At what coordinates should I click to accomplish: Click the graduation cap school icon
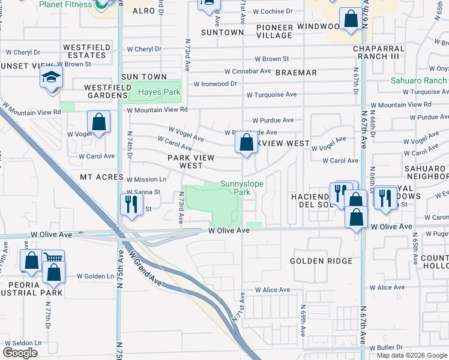click(x=51, y=77)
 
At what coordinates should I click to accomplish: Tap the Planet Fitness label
click(x=67, y=4)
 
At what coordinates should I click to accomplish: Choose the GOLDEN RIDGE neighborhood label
click(x=321, y=261)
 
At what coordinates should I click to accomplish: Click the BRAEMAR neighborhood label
click(x=296, y=73)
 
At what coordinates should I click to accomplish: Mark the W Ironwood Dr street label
click(x=215, y=83)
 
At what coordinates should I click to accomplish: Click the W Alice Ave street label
click(x=272, y=290)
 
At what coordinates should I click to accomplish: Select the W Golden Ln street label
click(x=95, y=276)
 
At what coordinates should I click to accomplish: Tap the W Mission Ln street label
click(x=146, y=179)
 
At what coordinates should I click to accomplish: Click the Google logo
click(x=20, y=353)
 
